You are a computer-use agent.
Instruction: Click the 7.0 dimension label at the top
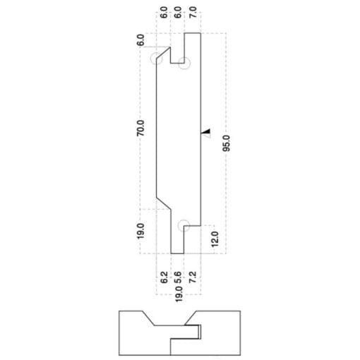click(193, 12)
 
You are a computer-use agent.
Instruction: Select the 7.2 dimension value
click(193, 277)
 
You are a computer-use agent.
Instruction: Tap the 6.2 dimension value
click(164, 277)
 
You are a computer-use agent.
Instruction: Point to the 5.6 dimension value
click(179, 277)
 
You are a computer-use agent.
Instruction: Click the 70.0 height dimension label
click(140, 128)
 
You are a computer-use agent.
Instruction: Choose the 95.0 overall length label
click(227, 143)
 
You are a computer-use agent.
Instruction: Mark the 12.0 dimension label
click(215, 239)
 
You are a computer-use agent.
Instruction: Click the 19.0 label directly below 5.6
click(179, 294)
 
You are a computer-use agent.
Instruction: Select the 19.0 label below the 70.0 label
click(140, 232)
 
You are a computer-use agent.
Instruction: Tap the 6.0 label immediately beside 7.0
click(178, 12)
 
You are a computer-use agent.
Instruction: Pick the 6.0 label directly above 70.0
click(140, 40)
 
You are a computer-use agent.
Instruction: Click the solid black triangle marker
click(207, 131)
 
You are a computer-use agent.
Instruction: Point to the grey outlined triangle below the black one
click(208, 136)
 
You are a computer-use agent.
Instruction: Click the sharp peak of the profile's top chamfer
click(170, 47)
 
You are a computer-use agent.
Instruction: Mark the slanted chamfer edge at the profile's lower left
click(164, 203)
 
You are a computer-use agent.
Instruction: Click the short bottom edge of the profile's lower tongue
click(177, 253)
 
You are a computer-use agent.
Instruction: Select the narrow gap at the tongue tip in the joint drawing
click(200, 332)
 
